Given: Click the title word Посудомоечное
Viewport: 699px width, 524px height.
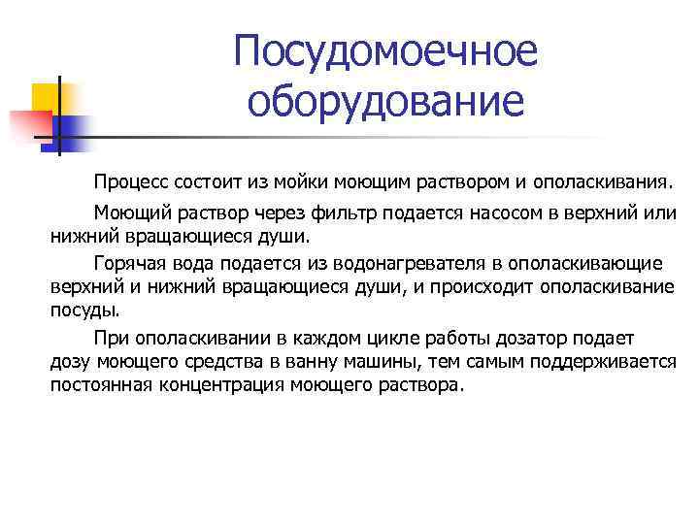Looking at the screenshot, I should [385, 52].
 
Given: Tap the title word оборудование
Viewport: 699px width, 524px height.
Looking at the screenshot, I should [385, 101].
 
